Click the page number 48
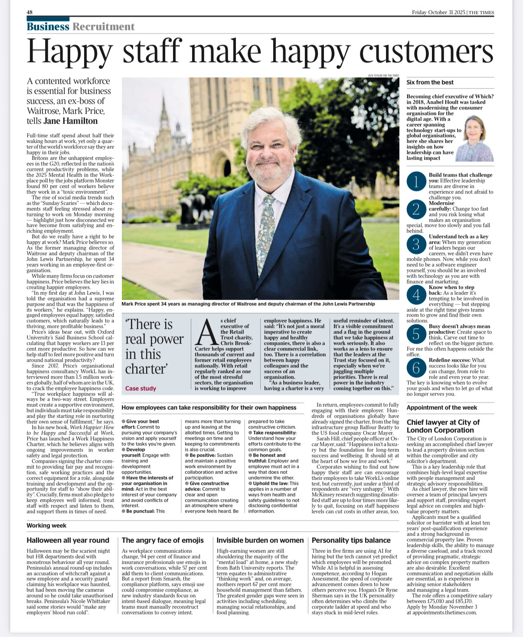click(x=29, y=12)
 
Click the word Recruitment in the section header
click(x=104, y=27)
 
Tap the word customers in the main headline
click(x=426, y=52)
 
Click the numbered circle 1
click(x=416, y=183)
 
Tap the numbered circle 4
click(x=416, y=295)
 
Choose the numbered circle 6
click(x=416, y=368)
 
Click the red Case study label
click(x=141, y=389)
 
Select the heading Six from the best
click(x=430, y=82)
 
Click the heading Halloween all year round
click(x=68, y=540)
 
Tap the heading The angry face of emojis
click(x=163, y=540)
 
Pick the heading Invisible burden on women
click(x=260, y=540)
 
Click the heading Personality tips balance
click(x=351, y=540)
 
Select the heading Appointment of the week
click(x=441, y=408)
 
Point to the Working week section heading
click(x=46, y=526)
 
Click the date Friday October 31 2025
click(x=438, y=12)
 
